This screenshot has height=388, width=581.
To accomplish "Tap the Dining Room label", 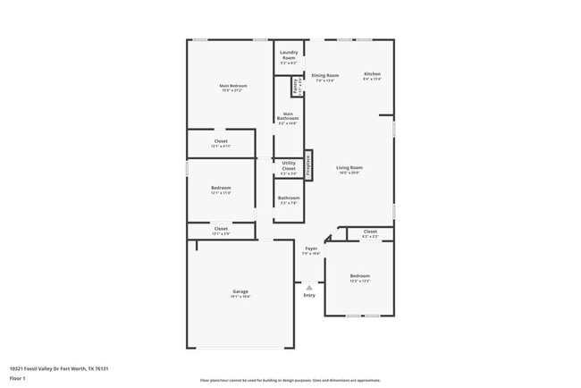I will tap(324, 78).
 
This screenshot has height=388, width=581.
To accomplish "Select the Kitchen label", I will tap(372, 76).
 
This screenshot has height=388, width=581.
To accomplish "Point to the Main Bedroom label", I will tap(232, 88).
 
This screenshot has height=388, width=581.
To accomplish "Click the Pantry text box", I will tap(296, 87).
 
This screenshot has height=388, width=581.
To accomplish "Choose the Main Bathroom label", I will tap(288, 118).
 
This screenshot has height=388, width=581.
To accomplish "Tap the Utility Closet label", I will tap(288, 165).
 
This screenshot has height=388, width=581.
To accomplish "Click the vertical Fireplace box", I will tap(308, 165).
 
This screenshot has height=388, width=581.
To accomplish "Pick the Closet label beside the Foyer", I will tap(370, 233).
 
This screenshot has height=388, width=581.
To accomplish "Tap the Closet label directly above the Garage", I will tap(221, 231).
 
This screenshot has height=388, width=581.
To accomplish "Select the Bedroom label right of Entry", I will tap(359, 278).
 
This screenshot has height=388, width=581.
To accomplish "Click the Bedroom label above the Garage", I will tap(221, 190).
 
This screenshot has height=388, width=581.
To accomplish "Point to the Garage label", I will tap(240, 293).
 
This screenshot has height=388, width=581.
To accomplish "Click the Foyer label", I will tap(311, 250).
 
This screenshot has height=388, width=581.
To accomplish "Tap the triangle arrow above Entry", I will tap(309, 287).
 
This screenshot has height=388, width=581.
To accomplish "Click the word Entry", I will tap(309, 295).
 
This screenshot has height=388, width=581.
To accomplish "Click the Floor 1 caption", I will tap(17, 378).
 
